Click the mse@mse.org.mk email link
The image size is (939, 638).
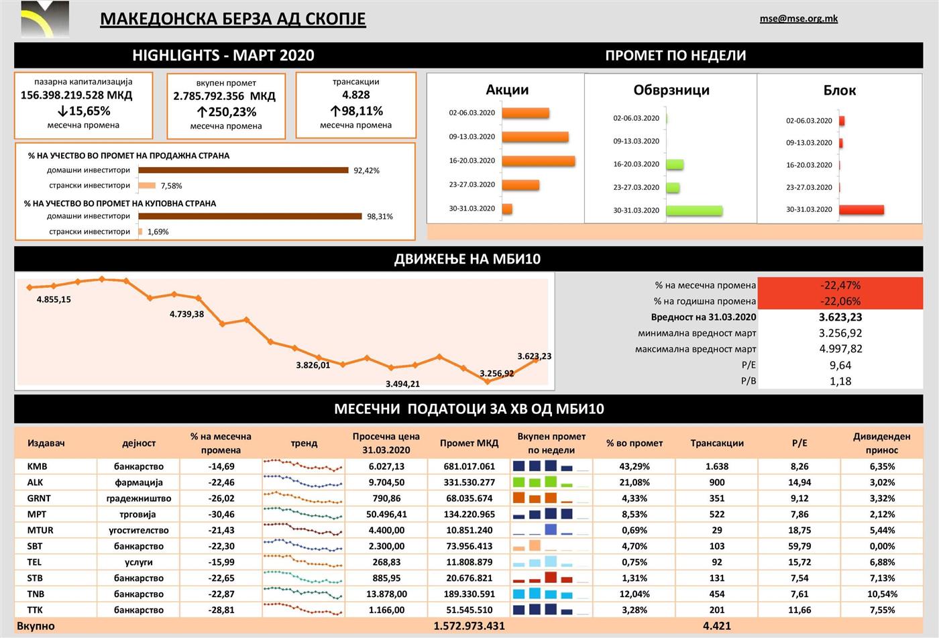[798, 19]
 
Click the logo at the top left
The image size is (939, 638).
[44, 19]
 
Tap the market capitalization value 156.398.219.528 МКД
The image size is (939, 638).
[76, 95]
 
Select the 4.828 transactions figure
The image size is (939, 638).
[355, 95]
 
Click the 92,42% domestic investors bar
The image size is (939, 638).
[243, 170]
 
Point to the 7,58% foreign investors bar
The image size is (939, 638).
[147, 186]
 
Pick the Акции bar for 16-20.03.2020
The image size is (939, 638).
[538, 161]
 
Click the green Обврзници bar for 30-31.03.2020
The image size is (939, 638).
[694, 211]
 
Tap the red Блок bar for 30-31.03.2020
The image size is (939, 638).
[861, 210]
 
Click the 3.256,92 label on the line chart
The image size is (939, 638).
[497, 374]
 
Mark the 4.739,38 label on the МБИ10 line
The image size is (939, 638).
[186, 314]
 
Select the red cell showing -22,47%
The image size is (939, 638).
[840, 285]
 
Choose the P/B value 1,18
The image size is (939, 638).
[840, 381]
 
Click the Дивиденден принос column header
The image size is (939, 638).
[881, 443]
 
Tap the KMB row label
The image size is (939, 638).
[38, 466]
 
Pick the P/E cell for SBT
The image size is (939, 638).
[799, 546]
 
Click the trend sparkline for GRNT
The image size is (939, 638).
[303, 498]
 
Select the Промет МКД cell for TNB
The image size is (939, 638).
[469, 594]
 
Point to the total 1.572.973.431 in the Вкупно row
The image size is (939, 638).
[469, 626]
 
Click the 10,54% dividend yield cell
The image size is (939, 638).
[881, 594]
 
